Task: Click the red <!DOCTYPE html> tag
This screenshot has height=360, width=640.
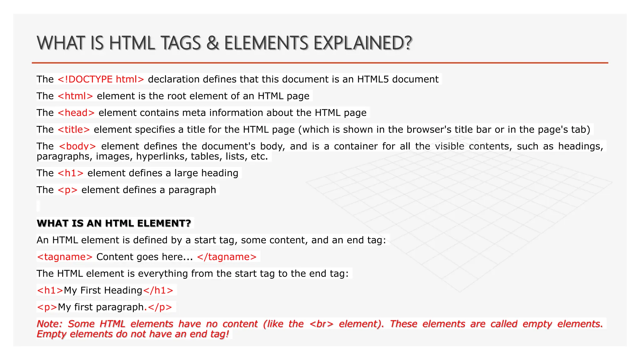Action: [101, 79]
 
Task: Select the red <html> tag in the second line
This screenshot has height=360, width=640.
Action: [75, 96]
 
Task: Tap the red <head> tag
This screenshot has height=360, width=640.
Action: [76, 113]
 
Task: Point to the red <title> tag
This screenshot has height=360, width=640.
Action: [74, 130]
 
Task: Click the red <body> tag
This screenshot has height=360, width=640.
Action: [77, 146]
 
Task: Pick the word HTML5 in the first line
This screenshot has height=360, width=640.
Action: [373, 79]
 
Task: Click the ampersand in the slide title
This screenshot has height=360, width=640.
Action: [212, 43]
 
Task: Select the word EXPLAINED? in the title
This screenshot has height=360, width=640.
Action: [363, 43]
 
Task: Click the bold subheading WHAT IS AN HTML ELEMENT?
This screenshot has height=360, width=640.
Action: [114, 223]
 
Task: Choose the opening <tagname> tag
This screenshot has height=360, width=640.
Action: [65, 257]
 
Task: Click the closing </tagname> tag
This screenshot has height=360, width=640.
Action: [227, 257]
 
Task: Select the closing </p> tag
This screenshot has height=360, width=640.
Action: [160, 307]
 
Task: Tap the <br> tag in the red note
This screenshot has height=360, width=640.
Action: [321, 324]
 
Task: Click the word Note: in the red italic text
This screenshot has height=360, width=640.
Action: [50, 324]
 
